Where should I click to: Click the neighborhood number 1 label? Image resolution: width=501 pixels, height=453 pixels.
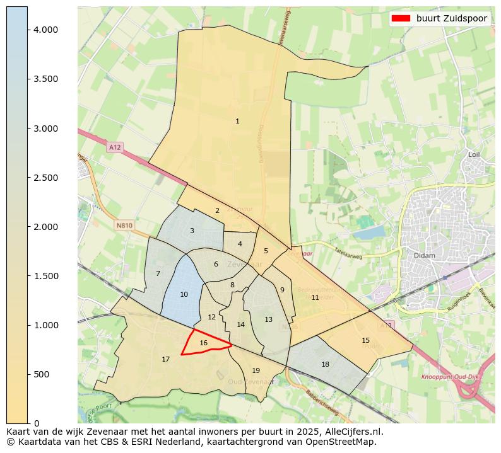[x=237, y=121]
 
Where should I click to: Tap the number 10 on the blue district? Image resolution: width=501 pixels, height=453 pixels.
[x=184, y=294]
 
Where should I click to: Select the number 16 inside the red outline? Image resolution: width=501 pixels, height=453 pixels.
[x=203, y=343]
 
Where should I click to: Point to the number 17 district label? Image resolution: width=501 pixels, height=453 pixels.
[x=165, y=359]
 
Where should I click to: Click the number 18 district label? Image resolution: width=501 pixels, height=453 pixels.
[x=325, y=364]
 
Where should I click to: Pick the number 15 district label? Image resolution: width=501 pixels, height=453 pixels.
[x=365, y=340]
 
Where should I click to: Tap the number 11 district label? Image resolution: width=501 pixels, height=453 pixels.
[x=315, y=297]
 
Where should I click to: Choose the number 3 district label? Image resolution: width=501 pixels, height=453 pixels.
[x=192, y=231]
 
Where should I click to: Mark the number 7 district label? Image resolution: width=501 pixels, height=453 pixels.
[x=158, y=273]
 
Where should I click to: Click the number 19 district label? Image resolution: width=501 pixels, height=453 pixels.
[x=256, y=370]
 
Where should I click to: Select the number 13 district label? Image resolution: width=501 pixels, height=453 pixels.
[x=268, y=319]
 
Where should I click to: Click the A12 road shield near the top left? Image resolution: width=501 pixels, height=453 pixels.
[x=114, y=147]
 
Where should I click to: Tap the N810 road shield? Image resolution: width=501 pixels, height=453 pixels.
[x=124, y=225]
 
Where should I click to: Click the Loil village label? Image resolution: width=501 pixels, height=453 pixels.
[x=474, y=154]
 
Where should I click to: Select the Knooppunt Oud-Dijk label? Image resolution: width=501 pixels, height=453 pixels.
[x=447, y=376]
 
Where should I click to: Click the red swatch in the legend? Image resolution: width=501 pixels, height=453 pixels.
[x=401, y=18]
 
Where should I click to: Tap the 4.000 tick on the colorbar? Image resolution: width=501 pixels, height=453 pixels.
[x=46, y=30]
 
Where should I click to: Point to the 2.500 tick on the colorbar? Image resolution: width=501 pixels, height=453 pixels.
[x=46, y=178]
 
